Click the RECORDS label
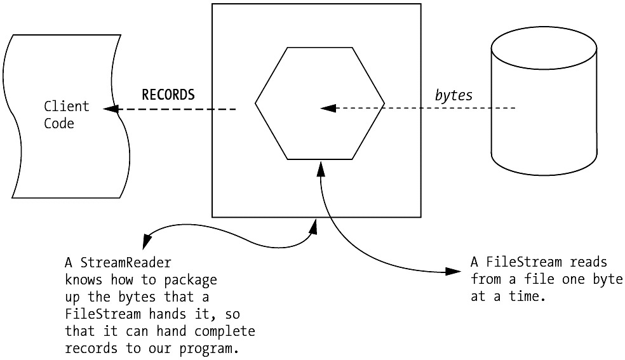(x=168, y=95)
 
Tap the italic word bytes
(x=454, y=95)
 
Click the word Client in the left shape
(x=66, y=106)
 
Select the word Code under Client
(x=58, y=123)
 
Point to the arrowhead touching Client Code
(x=112, y=109)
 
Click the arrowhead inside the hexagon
(x=328, y=109)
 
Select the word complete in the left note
(x=225, y=331)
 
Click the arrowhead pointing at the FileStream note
(x=452, y=272)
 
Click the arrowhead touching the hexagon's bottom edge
(x=321, y=166)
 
